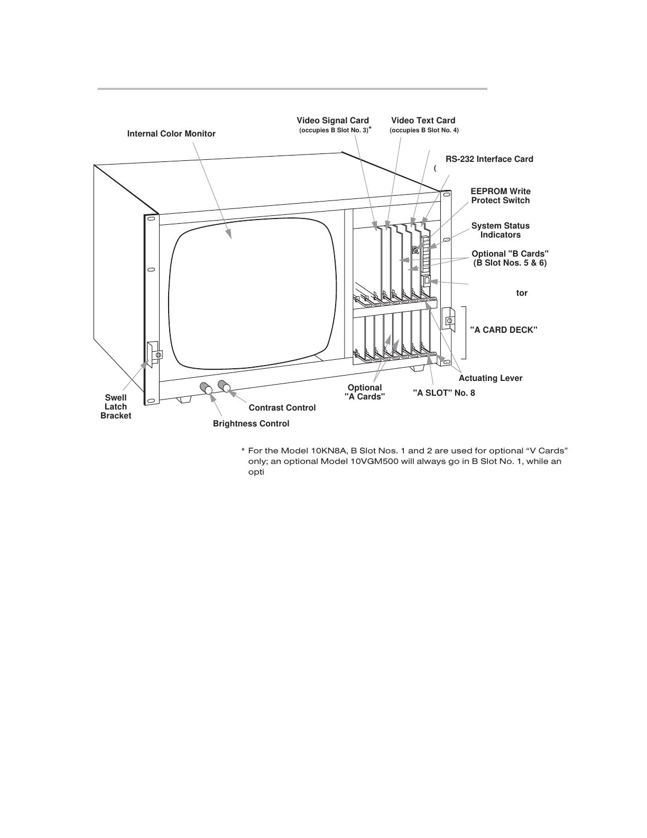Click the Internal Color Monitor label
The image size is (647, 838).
tap(171, 134)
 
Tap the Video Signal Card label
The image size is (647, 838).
tap(332, 121)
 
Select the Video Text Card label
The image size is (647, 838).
tap(423, 121)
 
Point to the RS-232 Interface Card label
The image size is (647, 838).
tap(489, 159)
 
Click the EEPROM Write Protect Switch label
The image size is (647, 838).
tap(500, 196)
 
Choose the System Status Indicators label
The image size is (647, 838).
tap(500, 230)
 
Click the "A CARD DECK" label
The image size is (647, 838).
tap(503, 330)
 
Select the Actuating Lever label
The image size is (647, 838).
tap(490, 378)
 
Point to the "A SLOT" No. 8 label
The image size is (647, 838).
tap(443, 393)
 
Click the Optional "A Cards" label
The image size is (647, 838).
tap(365, 393)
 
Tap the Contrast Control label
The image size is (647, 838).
tap(282, 408)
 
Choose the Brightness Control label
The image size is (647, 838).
tap(251, 424)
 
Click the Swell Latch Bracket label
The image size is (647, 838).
tap(116, 407)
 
